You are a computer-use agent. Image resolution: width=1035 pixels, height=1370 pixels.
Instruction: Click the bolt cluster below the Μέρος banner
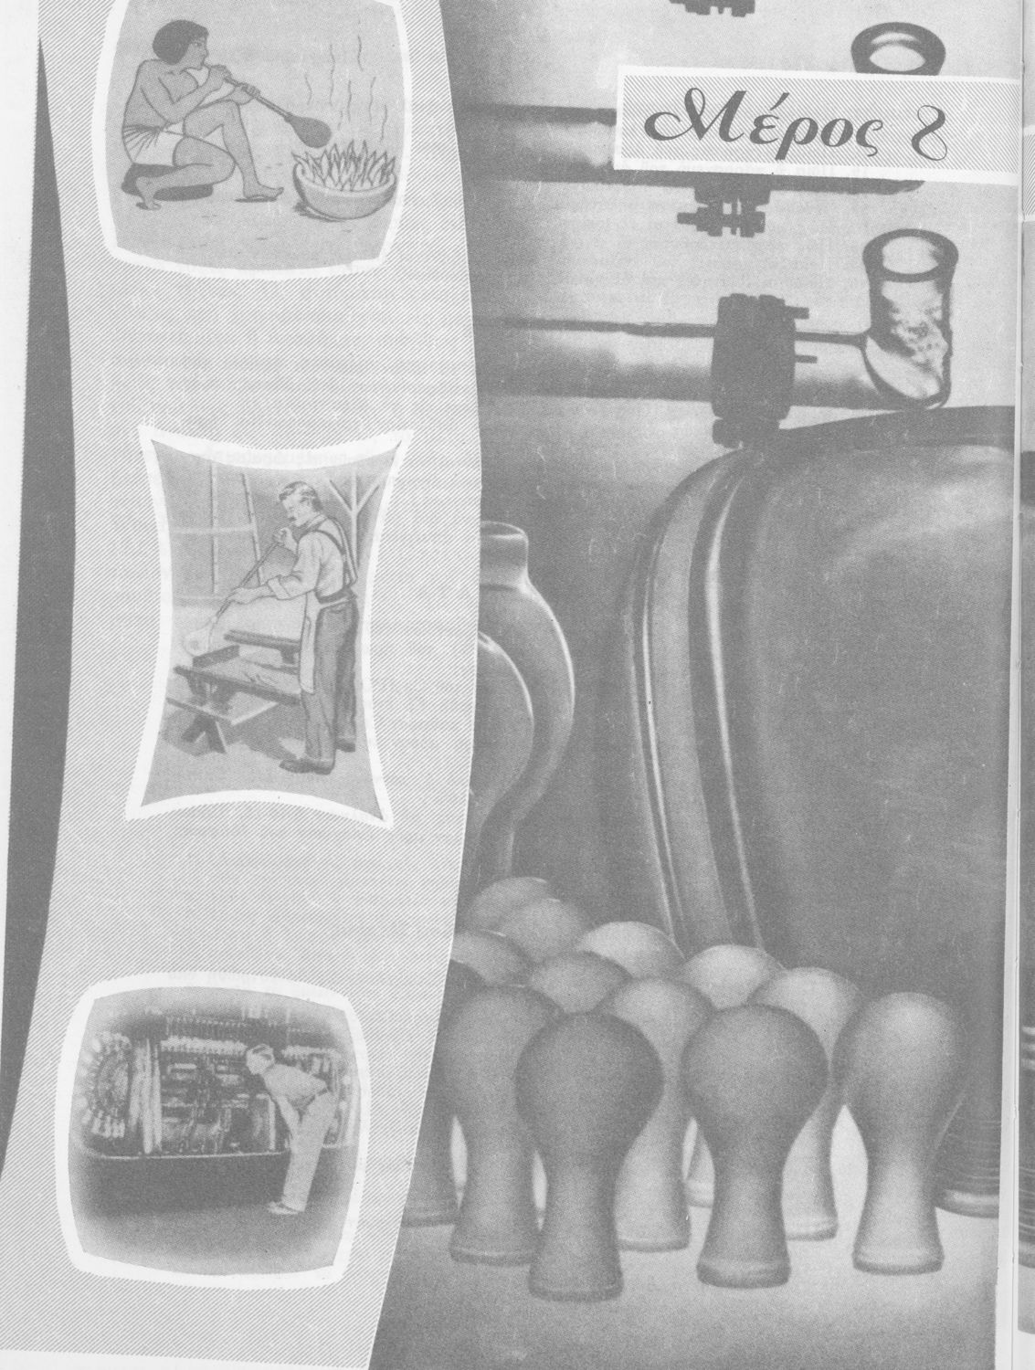(724, 209)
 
